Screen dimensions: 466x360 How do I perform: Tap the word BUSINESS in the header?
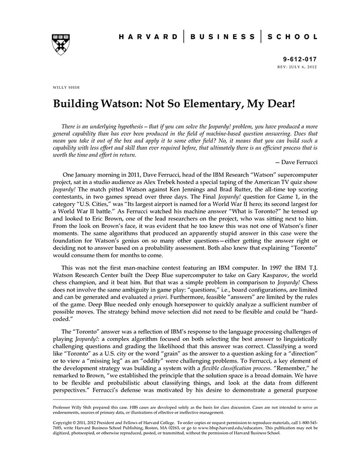coord(222,37)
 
